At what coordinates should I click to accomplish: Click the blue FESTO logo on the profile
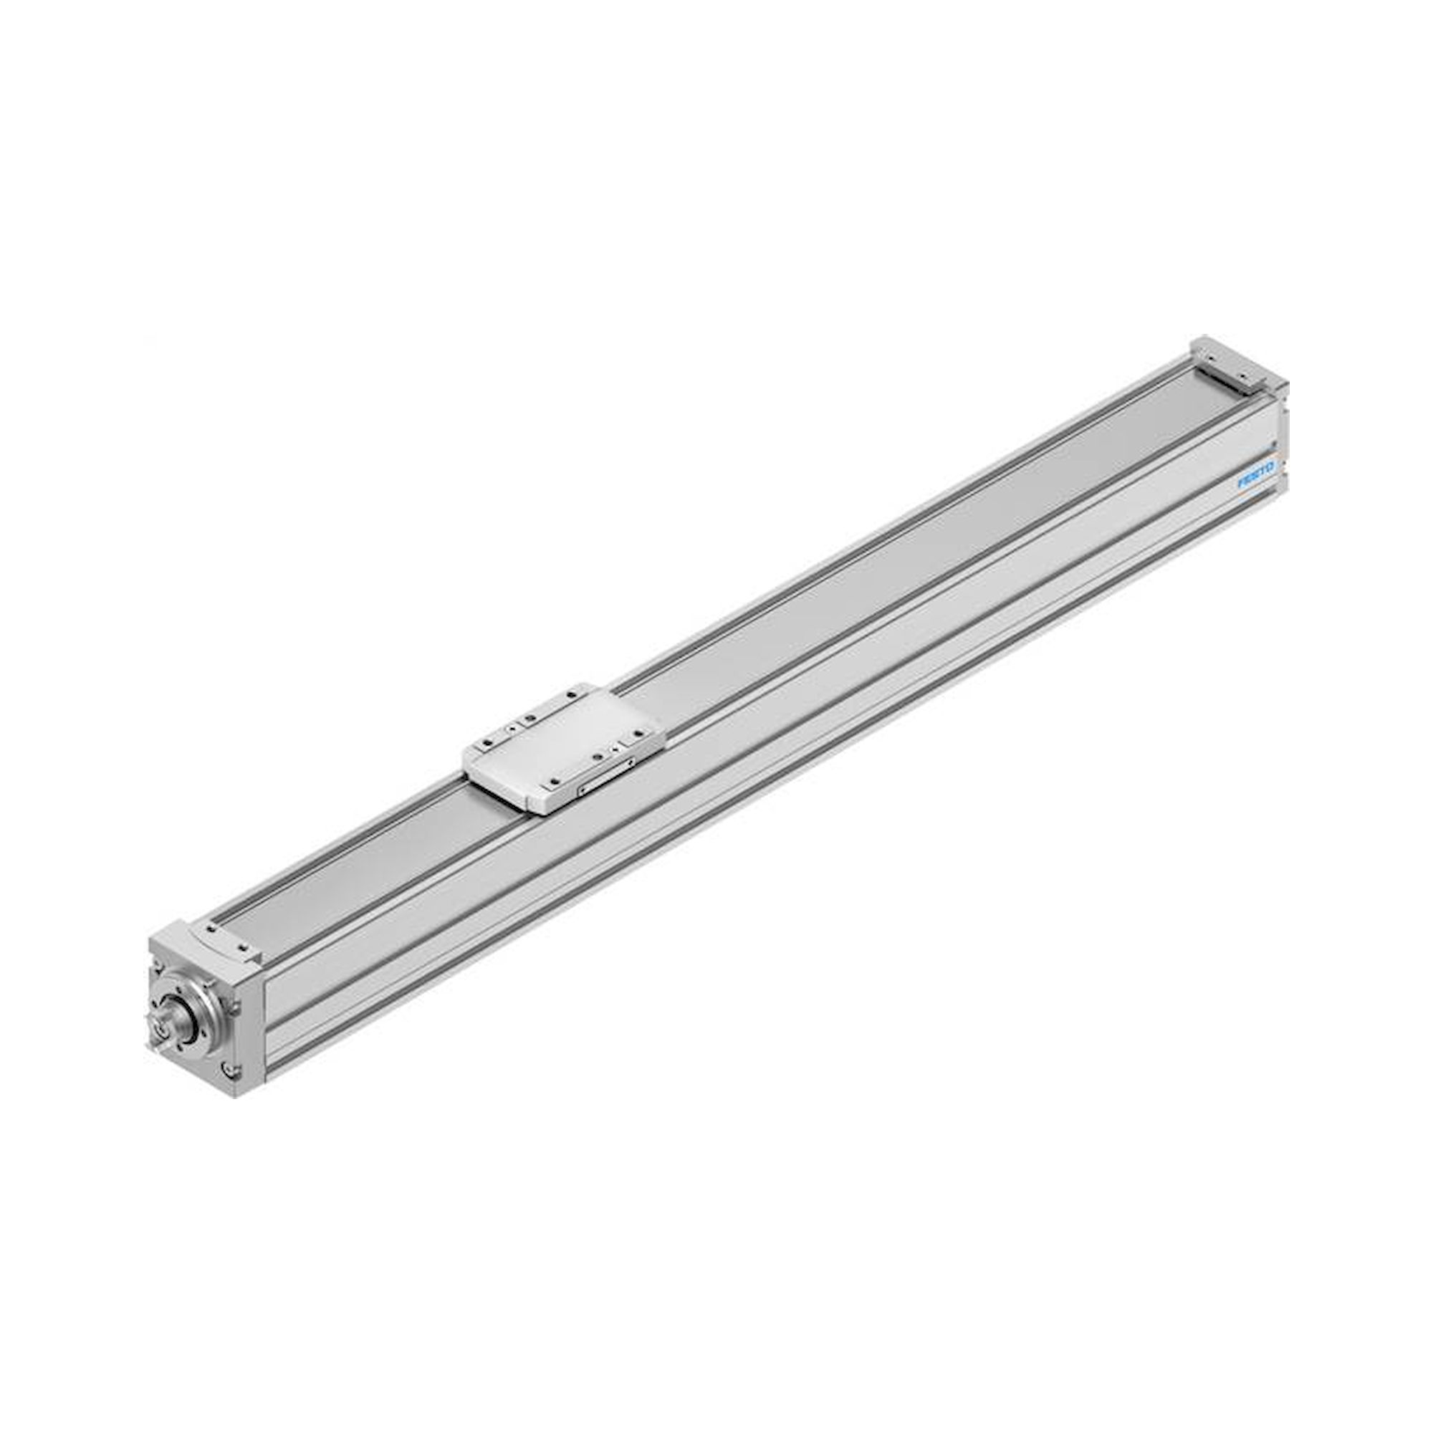click(1256, 475)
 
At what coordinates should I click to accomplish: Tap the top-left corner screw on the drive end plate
click(160, 967)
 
